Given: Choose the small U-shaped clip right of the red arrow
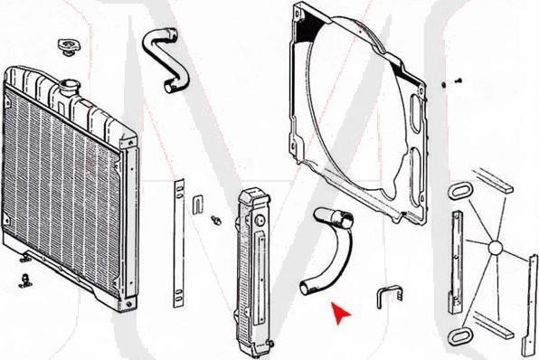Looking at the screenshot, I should click(x=388, y=298).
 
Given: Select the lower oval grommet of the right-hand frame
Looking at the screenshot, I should click(x=457, y=336).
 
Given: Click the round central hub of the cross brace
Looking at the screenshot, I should click(x=495, y=247).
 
